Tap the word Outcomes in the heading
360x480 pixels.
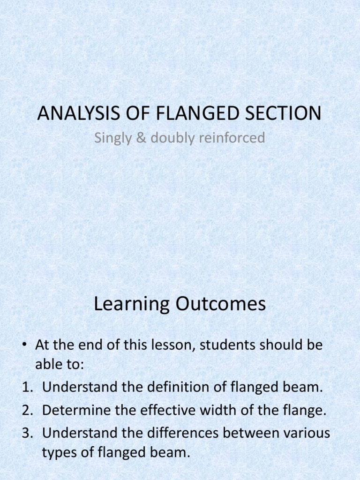tap(220, 304)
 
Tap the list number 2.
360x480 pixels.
tap(25, 411)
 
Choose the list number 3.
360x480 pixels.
tap(25, 434)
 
